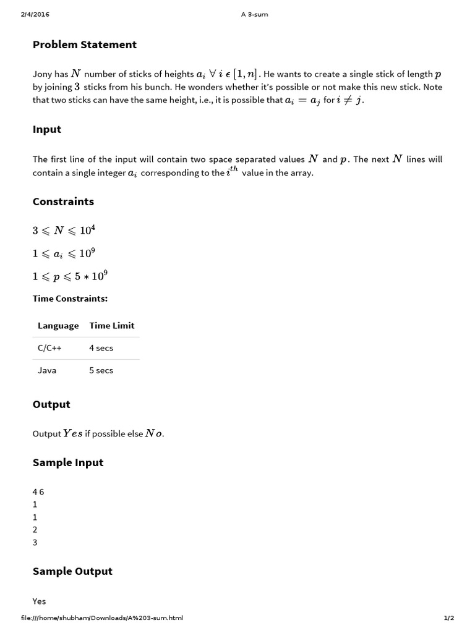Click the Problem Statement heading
(85, 45)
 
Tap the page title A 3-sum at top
(254, 14)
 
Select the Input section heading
(47, 129)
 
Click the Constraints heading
(63, 202)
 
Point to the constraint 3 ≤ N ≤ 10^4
(64, 231)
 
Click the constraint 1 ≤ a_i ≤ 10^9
(64, 253)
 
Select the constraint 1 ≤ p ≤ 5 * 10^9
(74, 276)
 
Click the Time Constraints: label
(70, 299)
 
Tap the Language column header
(58, 326)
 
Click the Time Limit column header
(112, 326)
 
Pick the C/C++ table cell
(49, 348)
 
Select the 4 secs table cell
(101, 348)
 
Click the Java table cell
(47, 370)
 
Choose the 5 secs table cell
(101, 370)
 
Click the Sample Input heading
(68, 462)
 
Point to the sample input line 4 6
(38, 492)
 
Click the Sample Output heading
(72, 571)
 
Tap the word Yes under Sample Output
(40, 601)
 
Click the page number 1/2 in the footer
(449, 618)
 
